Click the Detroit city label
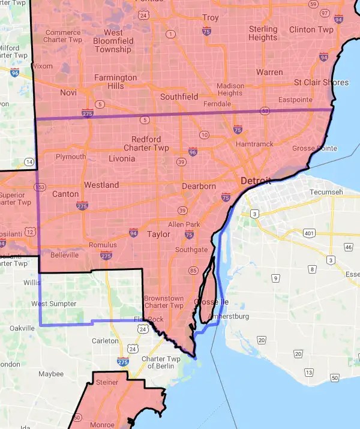[x=256, y=181]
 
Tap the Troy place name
[x=211, y=18]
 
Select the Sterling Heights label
[x=263, y=33]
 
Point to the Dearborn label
[x=199, y=186]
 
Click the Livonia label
[x=122, y=159]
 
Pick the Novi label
[x=68, y=93]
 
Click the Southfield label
[x=179, y=96]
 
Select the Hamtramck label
[x=254, y=144]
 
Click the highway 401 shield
[x=309, y=233]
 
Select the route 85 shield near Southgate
[x=193, y=271]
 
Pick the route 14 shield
[x=29, y=162]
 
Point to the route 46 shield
[x=348, y=247]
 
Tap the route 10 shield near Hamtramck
[x=205, y=135]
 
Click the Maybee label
[x=50, y=374]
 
